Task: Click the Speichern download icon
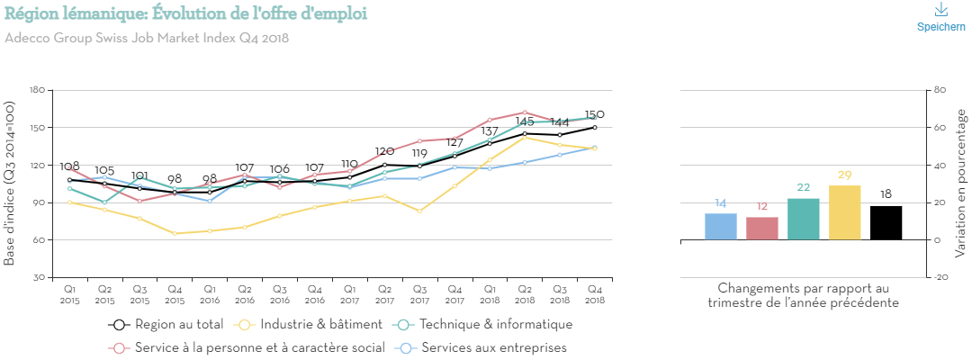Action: click(x=940, y=11)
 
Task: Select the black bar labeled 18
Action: click(x=886, y=223)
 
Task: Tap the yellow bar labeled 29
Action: click(x=844, y=213)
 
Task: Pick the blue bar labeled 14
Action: click(x=720, y=227)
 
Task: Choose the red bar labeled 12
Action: click(x=762, y=229)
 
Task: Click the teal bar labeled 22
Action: click(x=803, y=220)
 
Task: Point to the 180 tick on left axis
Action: click(x=37, y=90)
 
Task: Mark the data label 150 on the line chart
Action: click(x=594, y=114)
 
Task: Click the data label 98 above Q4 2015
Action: click(x=175, y=179)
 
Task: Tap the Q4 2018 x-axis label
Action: click(x=595, y=294)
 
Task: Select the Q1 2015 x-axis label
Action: click(x=69, y=294)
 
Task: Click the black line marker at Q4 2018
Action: click(x=595, y=128)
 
